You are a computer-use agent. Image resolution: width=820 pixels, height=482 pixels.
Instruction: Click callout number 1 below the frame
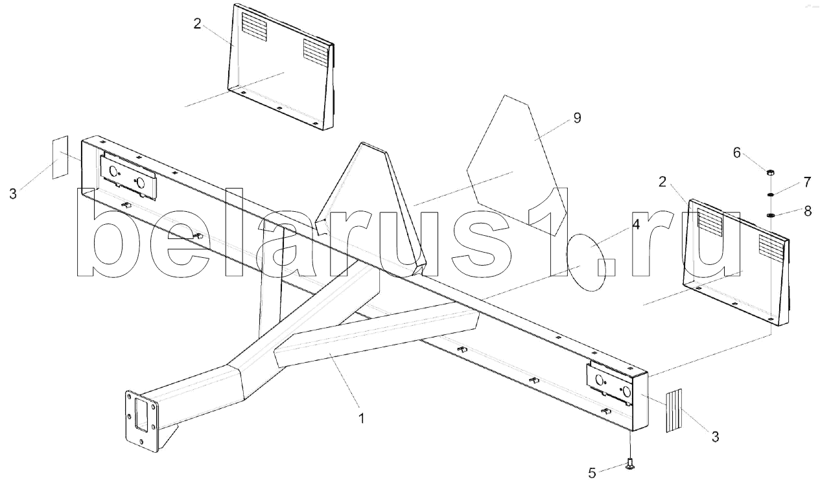(x=362, y=419)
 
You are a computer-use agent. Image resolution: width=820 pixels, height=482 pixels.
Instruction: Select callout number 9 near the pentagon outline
(x=577, y=118)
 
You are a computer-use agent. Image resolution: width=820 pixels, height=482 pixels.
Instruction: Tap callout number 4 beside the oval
(x=636, y=224)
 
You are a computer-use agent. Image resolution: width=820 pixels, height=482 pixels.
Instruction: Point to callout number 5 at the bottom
(x=592, y=473)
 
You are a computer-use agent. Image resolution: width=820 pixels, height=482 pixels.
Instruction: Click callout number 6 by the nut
(x=736, y=152)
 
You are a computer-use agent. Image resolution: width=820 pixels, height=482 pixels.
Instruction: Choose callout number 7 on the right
(x=806, y=182)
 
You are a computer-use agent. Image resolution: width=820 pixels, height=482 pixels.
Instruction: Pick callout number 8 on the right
(x=806, y=211)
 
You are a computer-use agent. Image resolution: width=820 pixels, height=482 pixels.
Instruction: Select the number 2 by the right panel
(x=662, y=182)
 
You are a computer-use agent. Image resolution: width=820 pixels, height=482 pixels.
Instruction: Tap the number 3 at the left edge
(x=14, y=194)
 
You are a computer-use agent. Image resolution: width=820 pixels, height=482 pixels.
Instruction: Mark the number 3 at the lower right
(x=715, y=437)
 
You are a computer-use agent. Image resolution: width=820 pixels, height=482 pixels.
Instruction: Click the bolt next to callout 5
(x=629, y=463)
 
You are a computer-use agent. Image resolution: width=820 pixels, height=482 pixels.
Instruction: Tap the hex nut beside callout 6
(x=771, y=173)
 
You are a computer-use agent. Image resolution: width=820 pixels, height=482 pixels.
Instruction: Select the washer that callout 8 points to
(x=771, y=215)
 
